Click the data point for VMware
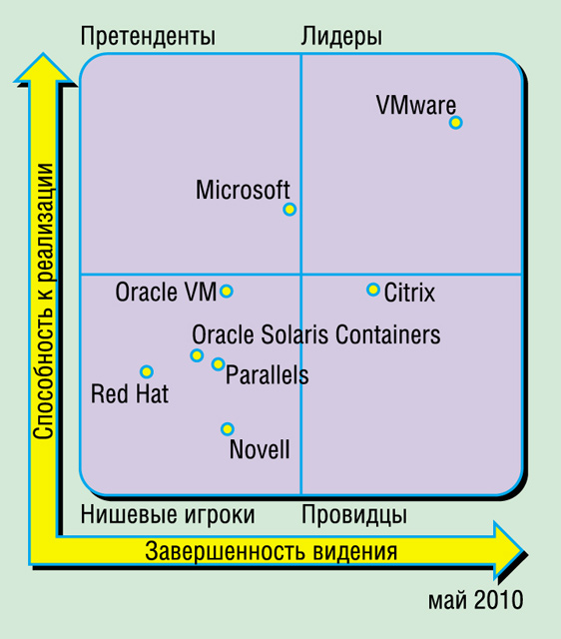[456, 122]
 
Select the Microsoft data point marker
[289, 210]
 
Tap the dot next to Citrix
[372, 290]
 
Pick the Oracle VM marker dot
[227, 291]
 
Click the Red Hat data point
[147, 371]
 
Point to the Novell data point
[228, 429]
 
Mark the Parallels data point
[219, 363]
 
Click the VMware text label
[416, 106]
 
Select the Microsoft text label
[243, 190]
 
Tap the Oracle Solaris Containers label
[316, 334]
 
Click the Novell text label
[260, 449]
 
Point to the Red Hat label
[130, 394]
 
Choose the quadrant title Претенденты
[148, 36]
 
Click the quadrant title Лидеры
[341, 36]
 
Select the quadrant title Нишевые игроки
[168, 515]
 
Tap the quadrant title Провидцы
[354, 515]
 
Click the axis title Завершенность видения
[271, 552]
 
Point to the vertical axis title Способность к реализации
[43, 302]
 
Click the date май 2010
[475, 600]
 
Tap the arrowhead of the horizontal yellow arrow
[509, 550]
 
